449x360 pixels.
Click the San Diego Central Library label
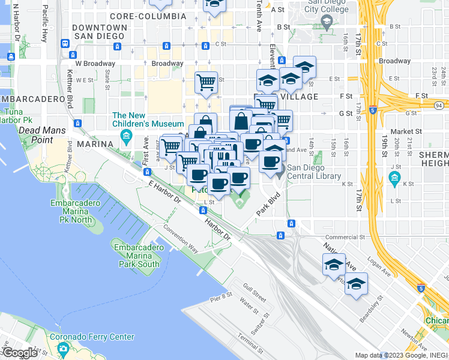pyautogui.click(x=314, y=172)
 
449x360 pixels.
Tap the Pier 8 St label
pyautogui.click(x=221, y=296)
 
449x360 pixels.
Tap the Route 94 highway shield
pyautogui.click(x=438, y=106)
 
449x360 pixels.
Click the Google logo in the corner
pyautogui.click(x=19, y=353)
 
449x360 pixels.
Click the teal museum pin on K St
pyautogui.click(x=394, y=178)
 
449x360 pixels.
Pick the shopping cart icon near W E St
pyautogui.click(x=206, y=83)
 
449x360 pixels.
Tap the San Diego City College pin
pyautogui.click(x=326, y=23)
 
